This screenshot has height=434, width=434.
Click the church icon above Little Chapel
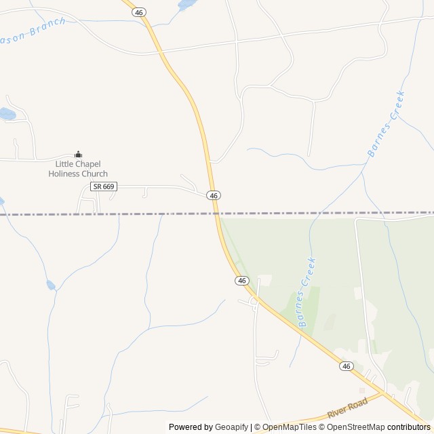(x=78, y=155)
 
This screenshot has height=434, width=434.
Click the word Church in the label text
(x=94, y=174)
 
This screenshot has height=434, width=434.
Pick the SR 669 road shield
(x=105, y=186)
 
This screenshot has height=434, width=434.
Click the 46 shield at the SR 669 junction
(x=214, y=195)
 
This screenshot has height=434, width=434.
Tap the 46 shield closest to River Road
(x=347, y=366)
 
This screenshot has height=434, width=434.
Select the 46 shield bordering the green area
(x=242, y=280)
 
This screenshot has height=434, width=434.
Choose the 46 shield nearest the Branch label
(x=140, y=12)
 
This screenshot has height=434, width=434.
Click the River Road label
(x=347, y=408)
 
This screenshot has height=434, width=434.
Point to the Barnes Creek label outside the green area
(x=386, y=123)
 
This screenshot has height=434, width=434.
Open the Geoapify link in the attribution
(x=231, y=427)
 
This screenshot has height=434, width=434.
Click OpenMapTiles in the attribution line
(x=289, y=427)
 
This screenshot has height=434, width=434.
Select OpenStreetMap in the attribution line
(x=355, y=427)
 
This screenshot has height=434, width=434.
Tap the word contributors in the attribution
(x=409, y=427)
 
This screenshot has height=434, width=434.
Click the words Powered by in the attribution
(x=191, y=427)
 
